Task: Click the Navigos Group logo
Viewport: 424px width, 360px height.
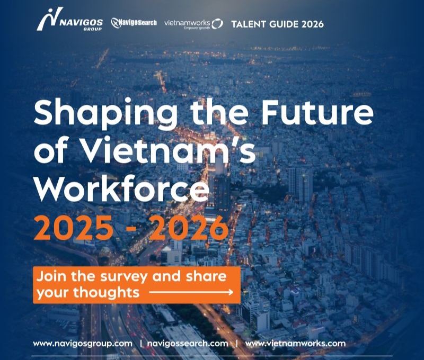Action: click(70, 19)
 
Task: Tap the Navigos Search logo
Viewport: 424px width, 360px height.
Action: click(134, 23)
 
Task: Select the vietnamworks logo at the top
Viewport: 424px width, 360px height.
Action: click(193, 24)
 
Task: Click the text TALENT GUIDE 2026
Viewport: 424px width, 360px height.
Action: click(277, 24)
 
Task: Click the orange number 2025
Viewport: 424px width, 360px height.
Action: click(73, 228)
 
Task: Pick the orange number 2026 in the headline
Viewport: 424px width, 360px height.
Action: click(189, 228)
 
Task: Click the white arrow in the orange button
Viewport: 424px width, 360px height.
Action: click(191, 292)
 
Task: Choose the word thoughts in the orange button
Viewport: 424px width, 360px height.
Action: click(107, 292)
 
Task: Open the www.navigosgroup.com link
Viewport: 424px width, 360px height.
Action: click(83, 344)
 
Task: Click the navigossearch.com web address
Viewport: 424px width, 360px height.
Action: click(188, 344)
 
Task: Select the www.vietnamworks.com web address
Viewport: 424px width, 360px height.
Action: click(295, 344)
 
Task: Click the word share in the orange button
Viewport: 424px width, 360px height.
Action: click(206, 276)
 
